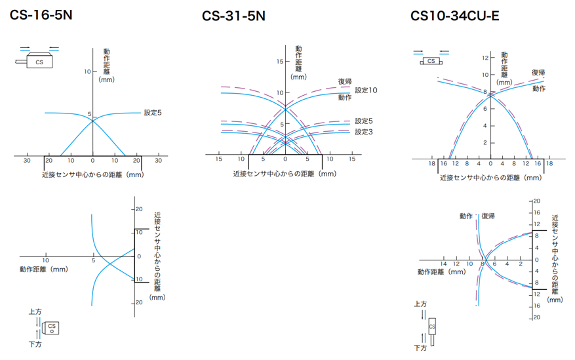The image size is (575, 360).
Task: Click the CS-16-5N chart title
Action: coord(41,14)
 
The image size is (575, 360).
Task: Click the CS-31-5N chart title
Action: coord(234,16)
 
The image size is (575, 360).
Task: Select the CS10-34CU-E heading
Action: coord(454,15)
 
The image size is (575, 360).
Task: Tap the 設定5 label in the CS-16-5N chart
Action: coord(152,113)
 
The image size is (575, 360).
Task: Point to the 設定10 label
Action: coord(366,90)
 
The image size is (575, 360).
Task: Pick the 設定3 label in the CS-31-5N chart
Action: coord(364,132)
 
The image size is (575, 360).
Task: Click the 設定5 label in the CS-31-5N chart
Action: coord(364,121)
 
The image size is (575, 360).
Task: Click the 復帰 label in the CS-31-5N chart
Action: coord(345,81)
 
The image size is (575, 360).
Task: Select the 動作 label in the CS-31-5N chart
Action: coord(345,98)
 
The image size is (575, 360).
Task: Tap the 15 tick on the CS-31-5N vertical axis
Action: coord(279,62)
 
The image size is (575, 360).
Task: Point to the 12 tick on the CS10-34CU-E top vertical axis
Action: coord(485,58)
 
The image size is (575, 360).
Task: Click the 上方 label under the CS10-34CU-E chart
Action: coord(420,304)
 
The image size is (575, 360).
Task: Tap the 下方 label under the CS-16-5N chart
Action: coord(35,344)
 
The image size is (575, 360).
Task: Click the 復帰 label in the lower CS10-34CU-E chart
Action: coord(488,216)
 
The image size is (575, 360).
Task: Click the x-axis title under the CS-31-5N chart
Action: coord(285,174)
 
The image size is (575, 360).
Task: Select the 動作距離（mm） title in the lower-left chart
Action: coord(43,269)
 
